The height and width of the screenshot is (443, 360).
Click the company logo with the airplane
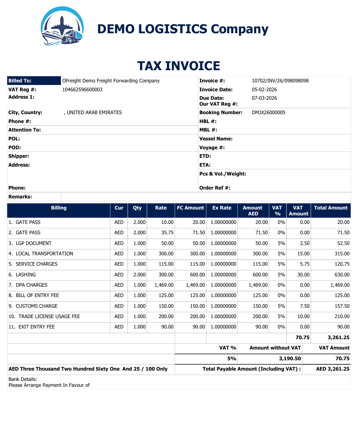click(62, 26)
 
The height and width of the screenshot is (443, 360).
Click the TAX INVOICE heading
click(179, 66)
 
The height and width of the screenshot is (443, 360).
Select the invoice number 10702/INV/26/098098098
click(280, 81)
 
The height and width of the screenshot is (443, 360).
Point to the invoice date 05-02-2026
click(264, 90)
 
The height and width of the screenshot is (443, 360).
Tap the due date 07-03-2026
click(264, 98)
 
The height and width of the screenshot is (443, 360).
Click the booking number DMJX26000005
click(268, 113)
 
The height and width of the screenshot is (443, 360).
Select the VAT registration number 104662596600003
click(83, 90)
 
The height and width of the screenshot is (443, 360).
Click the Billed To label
click(20, 81)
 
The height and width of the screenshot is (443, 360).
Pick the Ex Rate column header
click(222, 208)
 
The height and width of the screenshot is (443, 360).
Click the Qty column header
click(137, 208)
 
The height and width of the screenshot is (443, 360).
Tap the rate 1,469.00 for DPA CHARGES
click(164, 285)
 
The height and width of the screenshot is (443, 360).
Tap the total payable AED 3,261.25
click(333, 369)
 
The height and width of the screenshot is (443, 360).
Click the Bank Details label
click(23, 379)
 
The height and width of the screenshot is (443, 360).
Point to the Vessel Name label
click(216, 139)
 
